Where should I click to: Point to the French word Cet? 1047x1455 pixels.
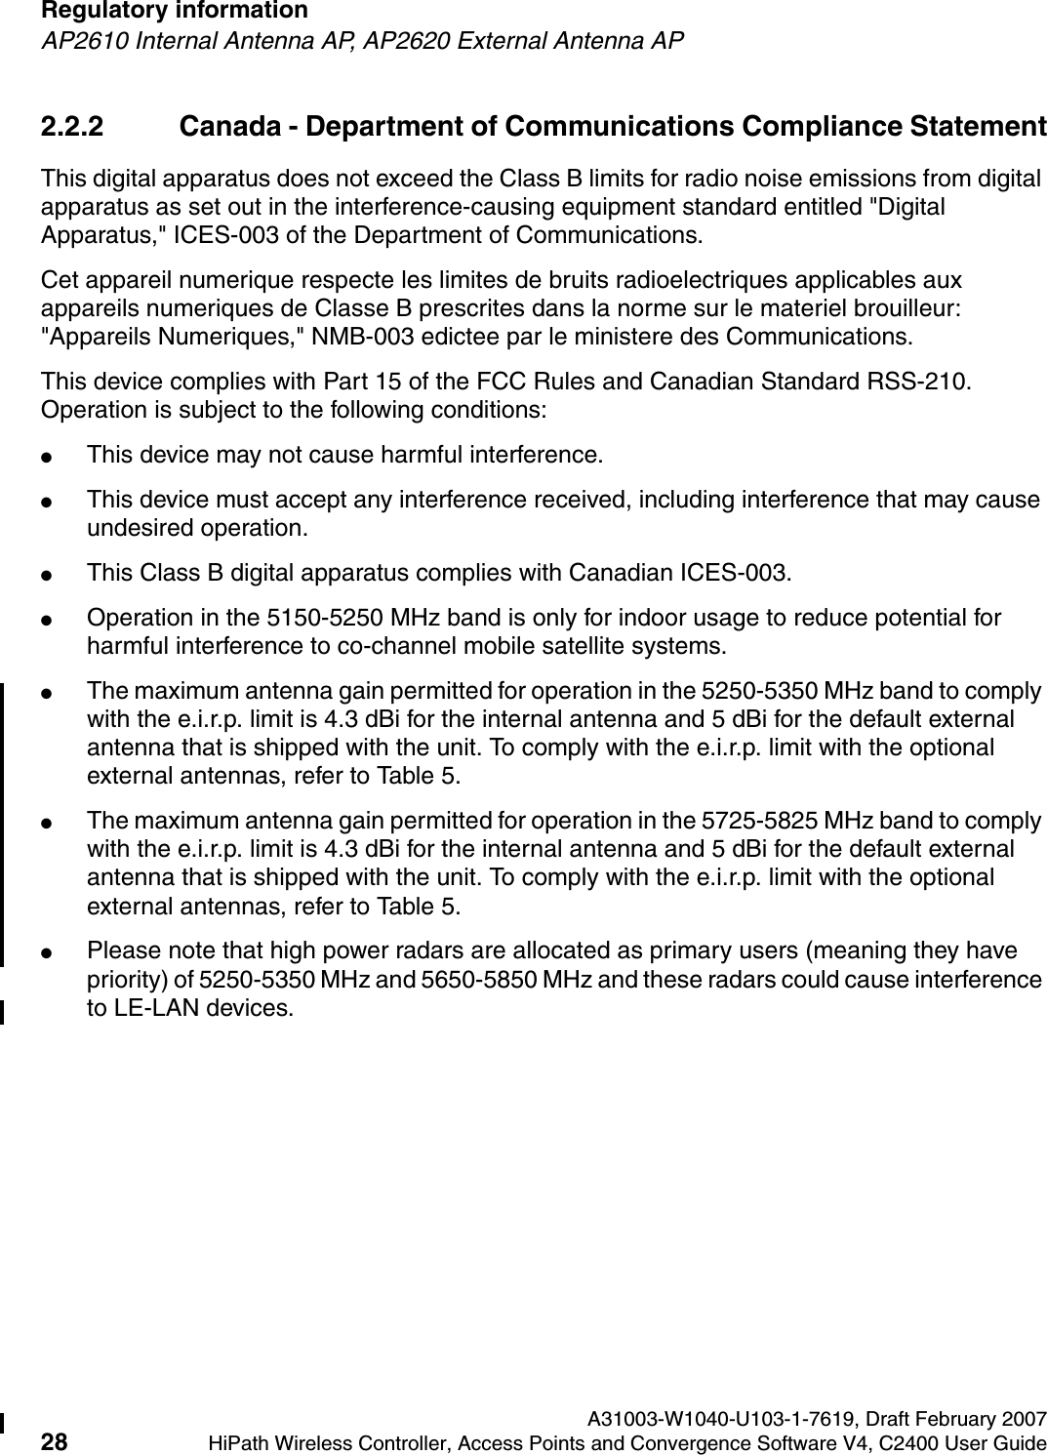click(57, 281)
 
